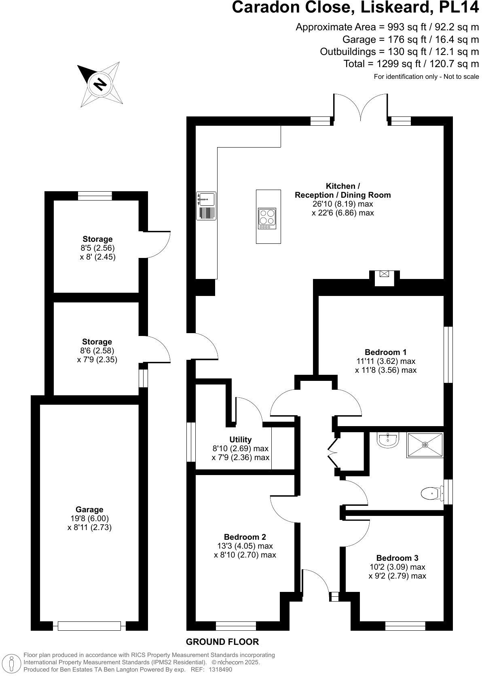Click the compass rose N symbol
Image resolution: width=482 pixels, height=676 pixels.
pyautogui.click(x=100, y=84)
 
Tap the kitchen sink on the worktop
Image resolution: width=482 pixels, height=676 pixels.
pyautogui.click(x=207, y=199)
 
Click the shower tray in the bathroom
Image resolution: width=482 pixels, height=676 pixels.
pyautogui.click(x=425, y=445)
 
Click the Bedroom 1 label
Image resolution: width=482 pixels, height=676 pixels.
pyautogui.click(x=385, y=352)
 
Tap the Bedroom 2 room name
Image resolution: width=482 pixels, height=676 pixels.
pyautogui.click(x=245, y=537)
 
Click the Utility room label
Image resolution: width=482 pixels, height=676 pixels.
pyautogui.click(x=241, y=439)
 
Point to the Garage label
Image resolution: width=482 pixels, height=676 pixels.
pyautogui.click(x=89, y=509)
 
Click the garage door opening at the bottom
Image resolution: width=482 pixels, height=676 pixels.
pyautogui.click(x=89, y=626)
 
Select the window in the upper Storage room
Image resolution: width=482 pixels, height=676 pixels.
pyautogui.click(x=95, y=196)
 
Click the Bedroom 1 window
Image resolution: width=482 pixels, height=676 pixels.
pyautogui.click(x=448, y=354)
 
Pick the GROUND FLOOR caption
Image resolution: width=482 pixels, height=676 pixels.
pyautogui.click(x=222, y=642)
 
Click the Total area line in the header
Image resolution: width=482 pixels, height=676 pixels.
pyautogui.click(x=411, y=64)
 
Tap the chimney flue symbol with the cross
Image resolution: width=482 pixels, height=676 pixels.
pyautogui.click(x=384, y=274)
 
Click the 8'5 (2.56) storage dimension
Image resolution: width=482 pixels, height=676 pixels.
pyautogui.click(x=97, y=248)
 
